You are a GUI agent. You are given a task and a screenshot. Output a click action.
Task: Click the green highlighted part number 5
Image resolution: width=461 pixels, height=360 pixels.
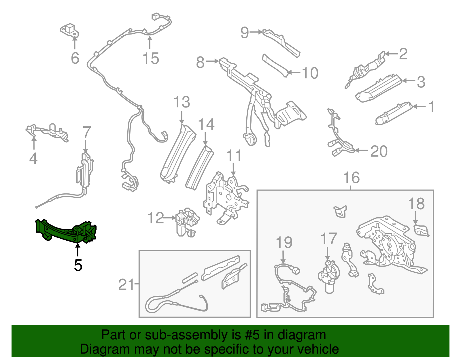(x=66, y=231)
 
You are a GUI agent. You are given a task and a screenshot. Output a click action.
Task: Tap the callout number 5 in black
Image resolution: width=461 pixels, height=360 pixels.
(x=78, y=265)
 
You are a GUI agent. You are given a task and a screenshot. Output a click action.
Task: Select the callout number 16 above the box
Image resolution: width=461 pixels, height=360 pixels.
(x=352, y=178)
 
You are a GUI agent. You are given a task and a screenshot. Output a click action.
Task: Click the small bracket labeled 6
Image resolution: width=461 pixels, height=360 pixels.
(x=69, y=30)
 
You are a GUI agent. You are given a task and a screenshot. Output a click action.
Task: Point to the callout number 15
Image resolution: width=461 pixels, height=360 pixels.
(x=151, y=59)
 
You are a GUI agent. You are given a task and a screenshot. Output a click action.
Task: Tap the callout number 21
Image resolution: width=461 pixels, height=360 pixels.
(x=126, y=285)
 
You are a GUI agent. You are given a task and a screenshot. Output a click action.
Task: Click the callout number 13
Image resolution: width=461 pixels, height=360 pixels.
(x=182, y=102)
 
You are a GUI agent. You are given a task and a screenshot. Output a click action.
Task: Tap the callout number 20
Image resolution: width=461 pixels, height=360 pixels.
(x=379, y=151)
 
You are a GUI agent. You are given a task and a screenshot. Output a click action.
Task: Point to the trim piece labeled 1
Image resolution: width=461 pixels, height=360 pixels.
(x=393, y=113)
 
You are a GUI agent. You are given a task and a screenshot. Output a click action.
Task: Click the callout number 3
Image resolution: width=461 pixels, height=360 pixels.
(x=421, y=82)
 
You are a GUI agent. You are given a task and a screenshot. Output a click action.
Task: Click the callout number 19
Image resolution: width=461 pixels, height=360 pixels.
(x=284, y=243)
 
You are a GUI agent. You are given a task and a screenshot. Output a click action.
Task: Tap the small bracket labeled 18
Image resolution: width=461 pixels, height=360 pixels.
(x=421, y=231)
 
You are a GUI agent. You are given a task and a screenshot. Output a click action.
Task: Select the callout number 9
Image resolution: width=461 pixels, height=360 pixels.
(x=244, y=33)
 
